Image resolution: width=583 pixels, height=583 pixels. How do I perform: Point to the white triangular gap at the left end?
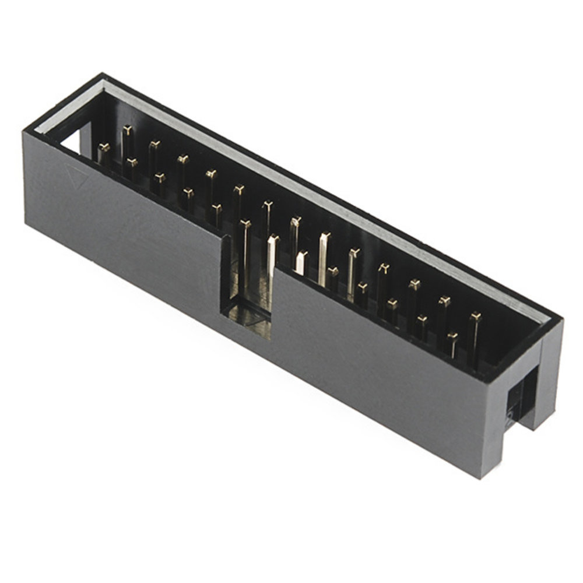pyautogui.click(x=72, y=141)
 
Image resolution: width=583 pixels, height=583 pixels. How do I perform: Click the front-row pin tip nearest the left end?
pyautogui.click(x=104, y=146)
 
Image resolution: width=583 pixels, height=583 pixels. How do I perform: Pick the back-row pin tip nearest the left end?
pyautogui.click(x=127, y=129)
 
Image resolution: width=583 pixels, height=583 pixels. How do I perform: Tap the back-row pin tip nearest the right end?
pyautogui.click(x=476, y=317)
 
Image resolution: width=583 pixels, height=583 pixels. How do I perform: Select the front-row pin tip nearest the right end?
pyautogui.click(x=452, y=336)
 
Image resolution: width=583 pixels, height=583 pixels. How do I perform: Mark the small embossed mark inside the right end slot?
pyautogui.click(x=509, y=415)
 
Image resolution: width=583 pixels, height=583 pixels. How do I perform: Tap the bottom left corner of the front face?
pyautogui.click(x=26, y=224)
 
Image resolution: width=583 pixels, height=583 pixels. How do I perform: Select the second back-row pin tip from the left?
pyautogui.click(x=154, y=143)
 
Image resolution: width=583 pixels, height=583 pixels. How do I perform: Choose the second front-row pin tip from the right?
pyautogui.click(x=422, y=319)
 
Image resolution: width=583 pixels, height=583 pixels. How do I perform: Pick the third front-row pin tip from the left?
pyautogui.click(x=159, y=175)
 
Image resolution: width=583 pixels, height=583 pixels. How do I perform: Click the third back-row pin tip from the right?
pyautogui.click(x=415, y=284)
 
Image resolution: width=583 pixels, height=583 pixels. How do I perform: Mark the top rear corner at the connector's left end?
pyautogui.click(x=103, y=75)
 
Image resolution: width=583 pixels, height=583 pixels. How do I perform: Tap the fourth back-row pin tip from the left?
pyautogui.click(x=211, y=173)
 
